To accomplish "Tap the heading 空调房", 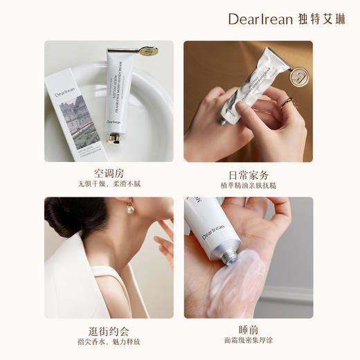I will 108,172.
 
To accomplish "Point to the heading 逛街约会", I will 108,330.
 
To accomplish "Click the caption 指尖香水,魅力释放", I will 109,341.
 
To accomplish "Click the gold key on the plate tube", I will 147,50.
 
